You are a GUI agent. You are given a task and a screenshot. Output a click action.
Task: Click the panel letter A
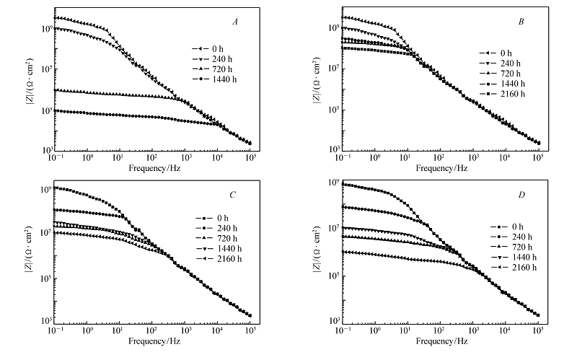pyautogui.click(x=235, y=21)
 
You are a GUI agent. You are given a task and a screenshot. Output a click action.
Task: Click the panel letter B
pyautogui.click(x=521, y=22)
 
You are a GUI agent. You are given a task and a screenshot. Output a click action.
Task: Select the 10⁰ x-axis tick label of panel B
pyautogui.click(x=374, y=157)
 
